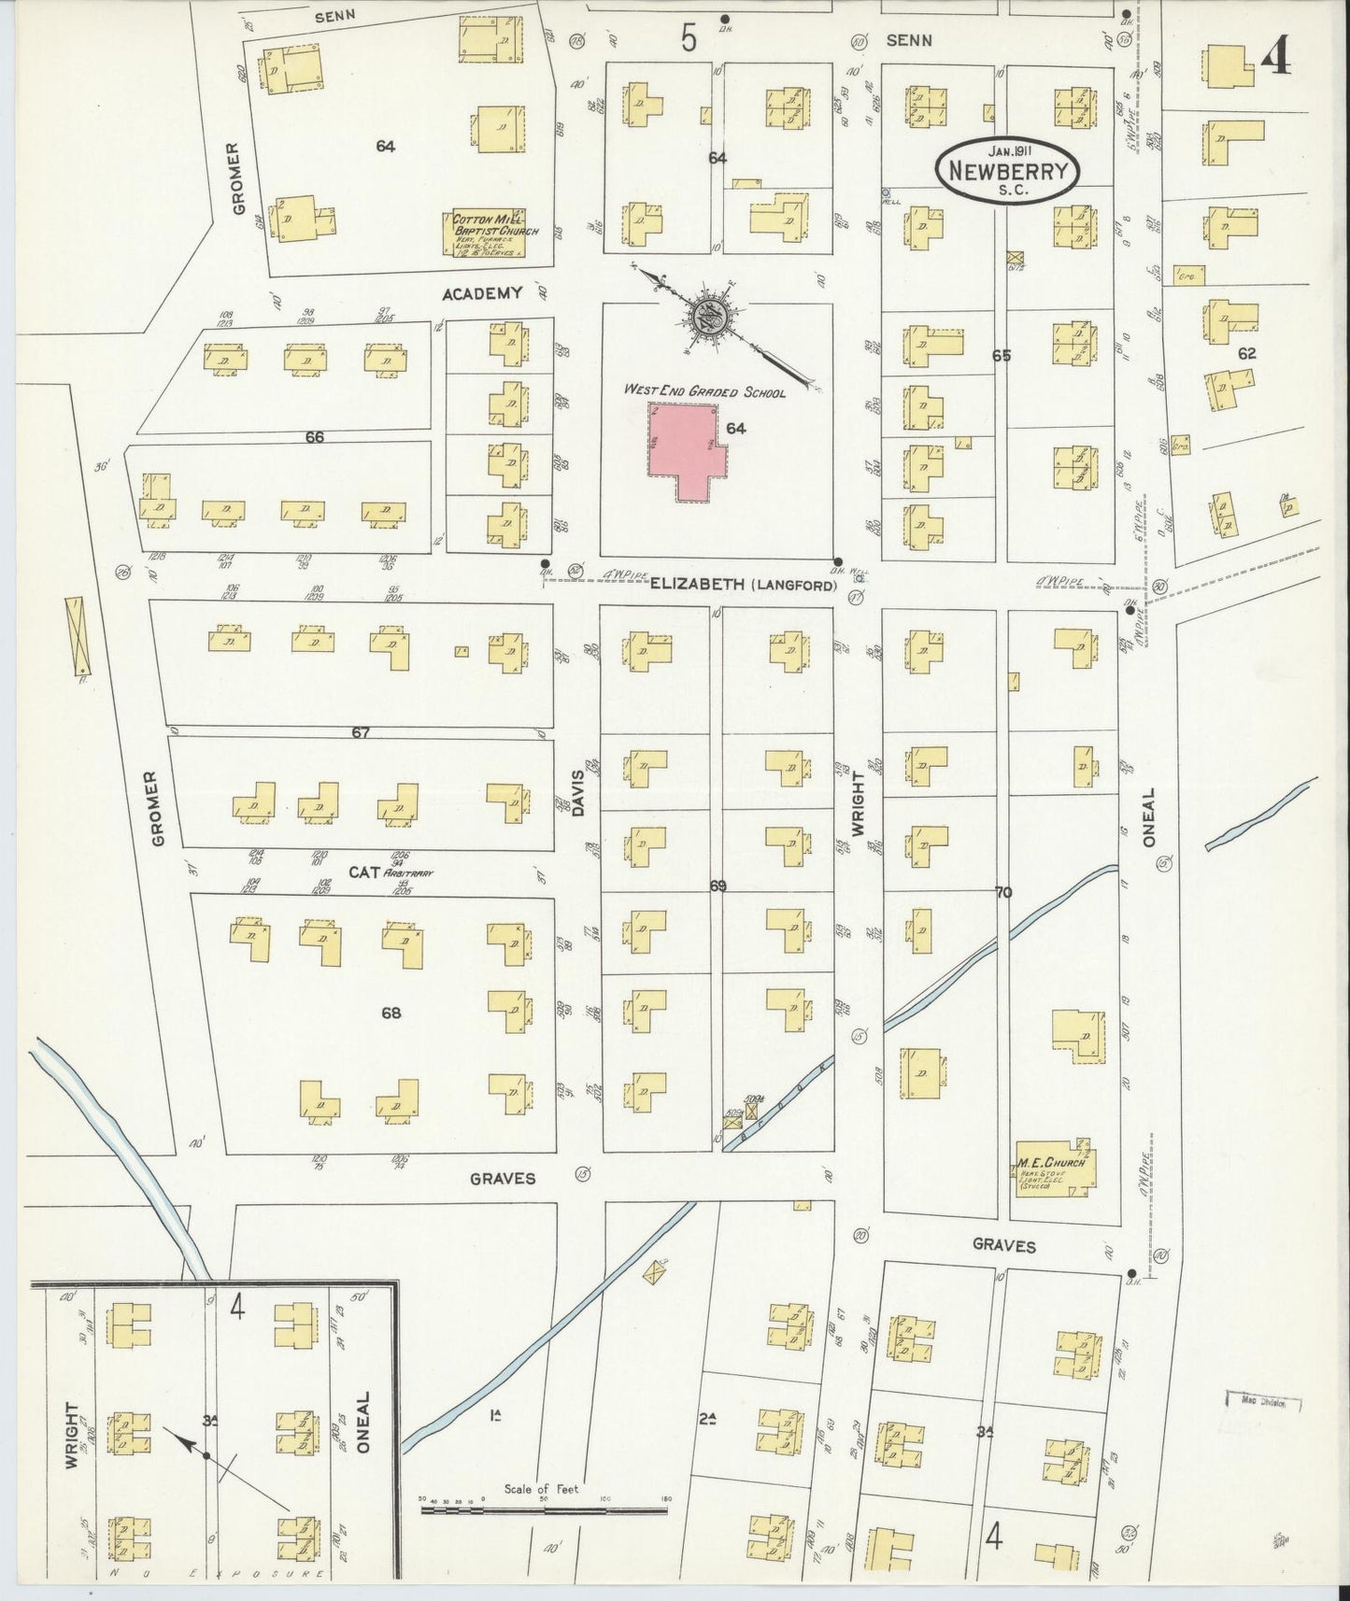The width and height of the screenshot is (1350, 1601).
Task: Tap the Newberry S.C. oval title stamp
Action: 1008,169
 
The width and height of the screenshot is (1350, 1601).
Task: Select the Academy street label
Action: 481,293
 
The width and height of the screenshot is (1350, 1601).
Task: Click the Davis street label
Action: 577,793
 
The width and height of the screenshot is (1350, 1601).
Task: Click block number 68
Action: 390,1013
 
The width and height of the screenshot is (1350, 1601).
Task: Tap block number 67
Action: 361,733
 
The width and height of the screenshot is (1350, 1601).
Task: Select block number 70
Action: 1002,892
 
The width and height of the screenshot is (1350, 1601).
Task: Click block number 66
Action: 314,436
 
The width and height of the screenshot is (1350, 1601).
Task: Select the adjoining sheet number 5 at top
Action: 689,39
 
